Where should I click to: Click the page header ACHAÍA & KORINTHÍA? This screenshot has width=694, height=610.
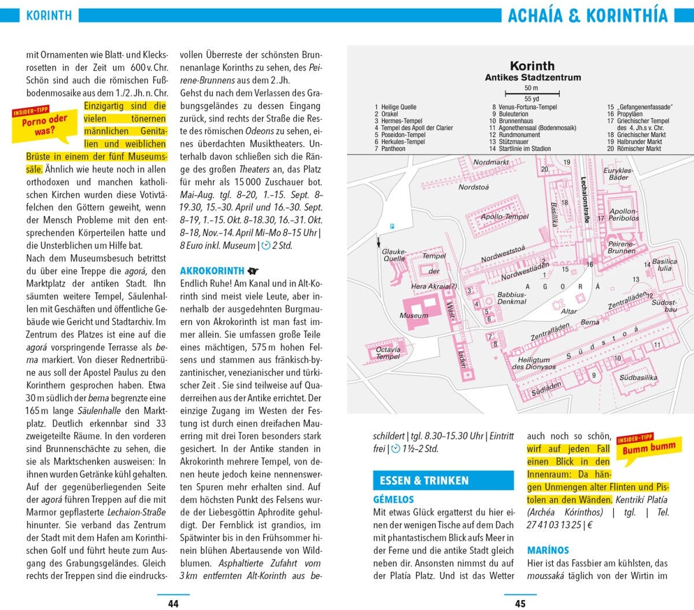click(x=587, y=16)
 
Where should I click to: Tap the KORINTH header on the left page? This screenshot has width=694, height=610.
click(x=49, y=16)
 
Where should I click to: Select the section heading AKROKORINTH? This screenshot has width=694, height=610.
click(x=212, y=271)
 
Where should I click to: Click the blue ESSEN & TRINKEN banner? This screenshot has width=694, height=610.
click(x=424, y=480)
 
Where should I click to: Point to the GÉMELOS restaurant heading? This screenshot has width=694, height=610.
click(x=394, y=499)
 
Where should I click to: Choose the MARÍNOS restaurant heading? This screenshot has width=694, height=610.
click(x=548, y=550)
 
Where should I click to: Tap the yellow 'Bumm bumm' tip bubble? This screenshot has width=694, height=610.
click(x=648, y=447)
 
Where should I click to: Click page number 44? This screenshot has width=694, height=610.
click(x=173, y=604)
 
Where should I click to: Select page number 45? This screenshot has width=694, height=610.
click(x=520, y=604)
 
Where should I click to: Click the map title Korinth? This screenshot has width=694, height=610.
click(x=532, y=66)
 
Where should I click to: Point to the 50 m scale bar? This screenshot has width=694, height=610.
click(x=531, y=93)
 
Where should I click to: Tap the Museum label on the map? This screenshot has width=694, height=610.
click(x=414, y=316)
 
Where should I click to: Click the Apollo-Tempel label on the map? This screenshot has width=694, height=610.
click(x=505, y=217)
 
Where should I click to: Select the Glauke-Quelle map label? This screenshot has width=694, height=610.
click(x=394, y=255)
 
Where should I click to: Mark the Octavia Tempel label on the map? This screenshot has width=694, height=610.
click(x=387, y=353)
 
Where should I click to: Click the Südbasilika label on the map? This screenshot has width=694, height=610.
click(x=638, y=378)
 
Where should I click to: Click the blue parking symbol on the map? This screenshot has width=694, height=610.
click(x=392, y=226)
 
